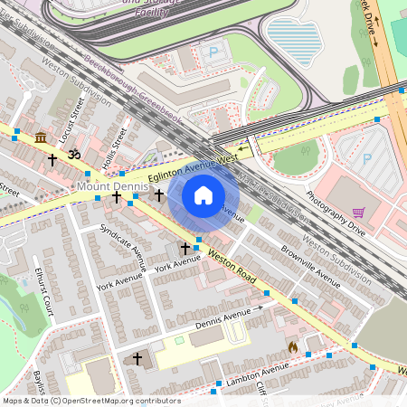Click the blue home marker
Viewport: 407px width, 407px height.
(x=203, y=195)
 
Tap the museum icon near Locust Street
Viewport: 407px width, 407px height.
(x=41, y=137)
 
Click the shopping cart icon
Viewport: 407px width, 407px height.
(x=358, y=213)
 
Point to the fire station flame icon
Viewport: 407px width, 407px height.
(x=292, y=345)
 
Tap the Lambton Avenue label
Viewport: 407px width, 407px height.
(x=258, y=372)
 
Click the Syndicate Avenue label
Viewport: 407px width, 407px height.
(x=123, y=247)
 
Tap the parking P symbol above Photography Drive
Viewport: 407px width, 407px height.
(x=367, y=158)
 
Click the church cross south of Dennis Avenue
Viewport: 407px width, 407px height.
(x=137, y=359)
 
